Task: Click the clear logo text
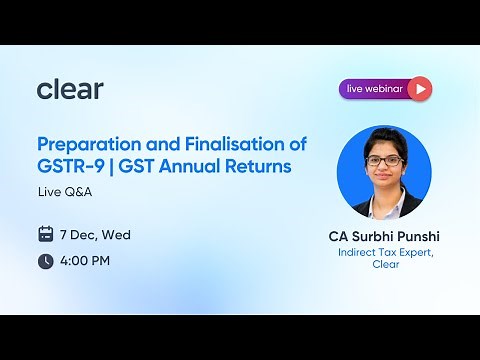pyautogui.click(x=70, y=89)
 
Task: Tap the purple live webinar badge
pyautogui.click(x=385, y=89)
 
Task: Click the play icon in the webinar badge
pyautogui.click(x=420, y=89)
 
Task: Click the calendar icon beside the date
pyautogui.click(x=45, y=235)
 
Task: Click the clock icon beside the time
pyautogui.click(x=45, y=261)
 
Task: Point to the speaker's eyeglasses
pyautogui.click(x=383, y=160)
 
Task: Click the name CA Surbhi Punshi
pyautogui.click(x=384, y=237)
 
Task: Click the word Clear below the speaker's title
pyautogui.click(x=385, y=265)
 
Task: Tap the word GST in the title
pyautogui.click(x=141, y=166)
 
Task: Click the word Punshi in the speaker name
pyautogui.click(x=417, y=237)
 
